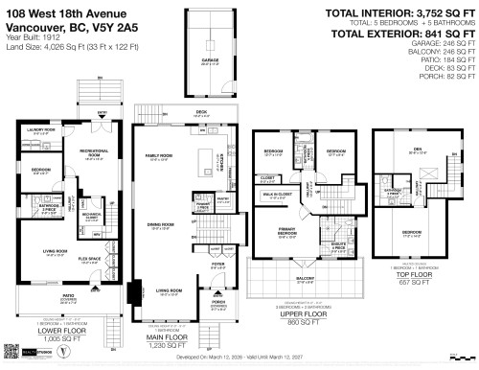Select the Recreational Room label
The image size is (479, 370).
92,156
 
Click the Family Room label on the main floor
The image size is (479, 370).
158,156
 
